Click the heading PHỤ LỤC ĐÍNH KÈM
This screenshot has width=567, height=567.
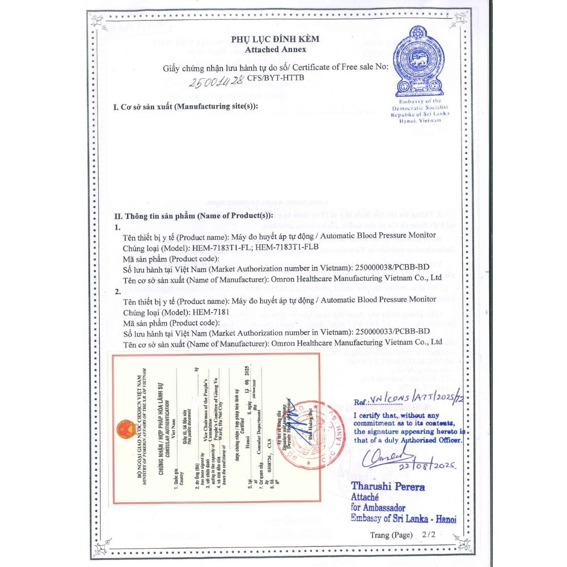[x=275, y=39]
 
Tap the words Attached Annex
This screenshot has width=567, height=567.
[x=275, y=49]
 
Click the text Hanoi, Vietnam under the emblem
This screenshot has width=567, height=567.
[x=420, y=121]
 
